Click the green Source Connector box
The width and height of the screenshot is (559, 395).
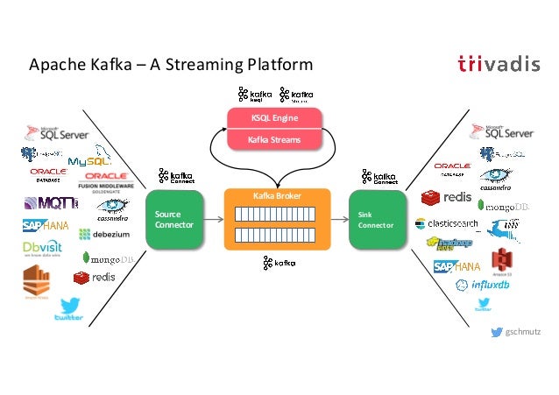[174, 219]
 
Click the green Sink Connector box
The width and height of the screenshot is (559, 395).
[377, 219]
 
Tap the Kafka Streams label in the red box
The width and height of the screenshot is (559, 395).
[275, 139]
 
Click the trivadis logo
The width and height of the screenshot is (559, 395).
[499, 64]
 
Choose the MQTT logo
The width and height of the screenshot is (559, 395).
[51, 203]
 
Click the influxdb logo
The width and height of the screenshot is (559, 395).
[482, 286]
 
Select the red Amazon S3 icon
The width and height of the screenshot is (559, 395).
[500, 261]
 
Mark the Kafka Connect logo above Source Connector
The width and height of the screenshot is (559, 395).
[174, 177]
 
